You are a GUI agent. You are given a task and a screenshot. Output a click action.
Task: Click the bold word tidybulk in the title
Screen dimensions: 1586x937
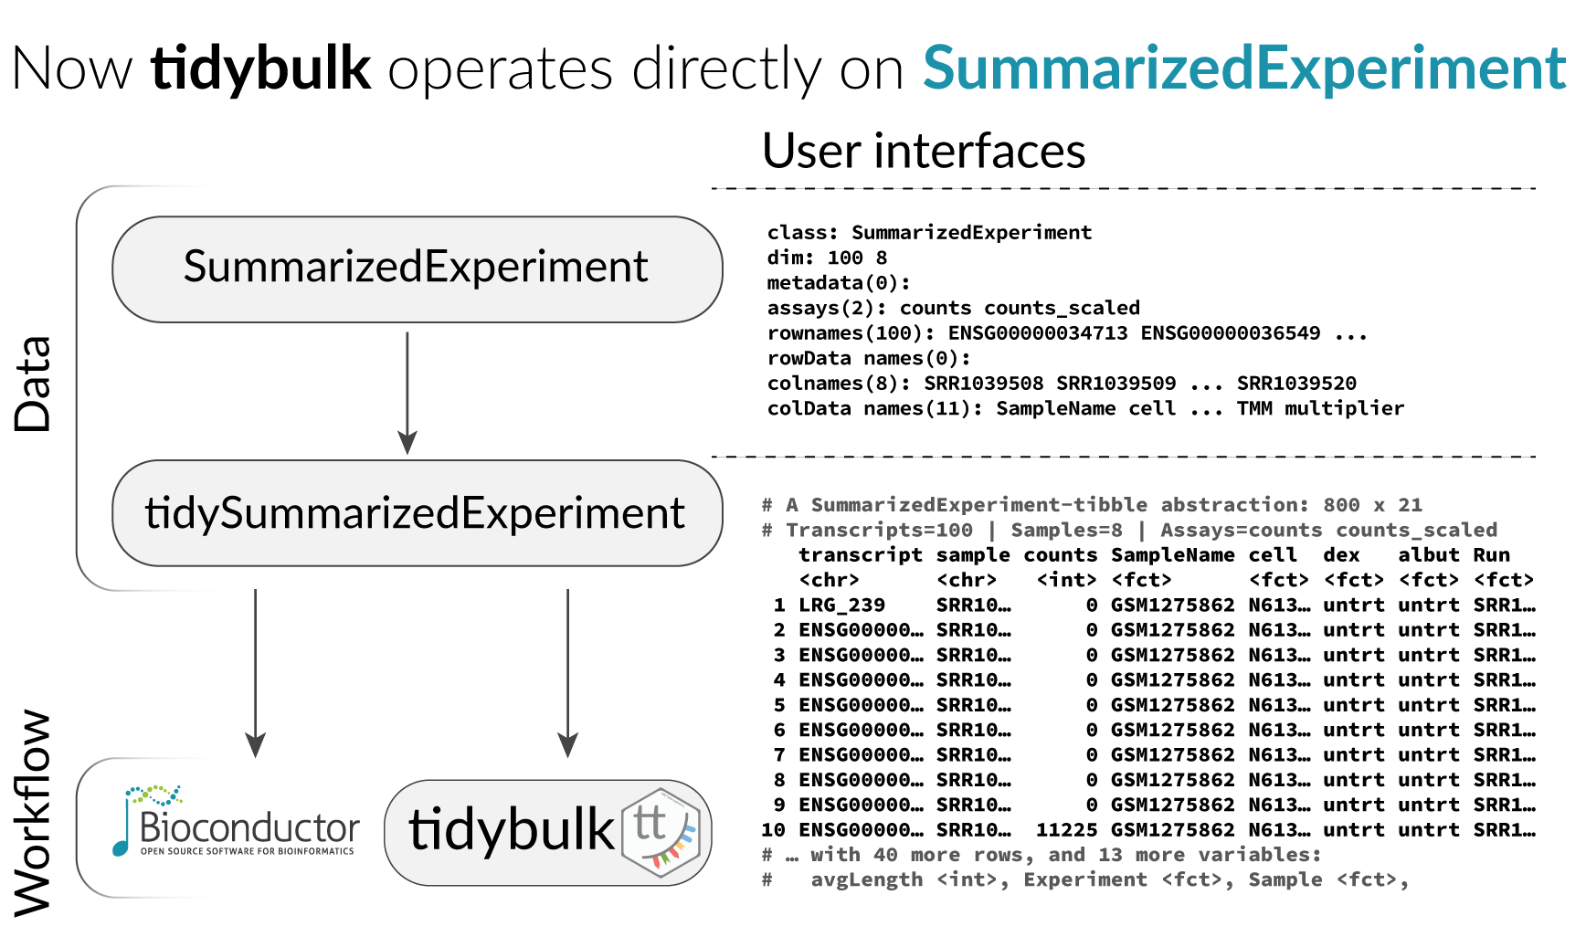(261, 68)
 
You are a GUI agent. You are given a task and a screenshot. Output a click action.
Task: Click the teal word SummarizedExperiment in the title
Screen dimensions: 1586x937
(1244, 68)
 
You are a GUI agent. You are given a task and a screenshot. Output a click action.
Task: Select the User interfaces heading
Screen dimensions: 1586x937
(924, 151)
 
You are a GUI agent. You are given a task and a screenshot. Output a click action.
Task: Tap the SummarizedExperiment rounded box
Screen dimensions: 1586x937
(417, 268)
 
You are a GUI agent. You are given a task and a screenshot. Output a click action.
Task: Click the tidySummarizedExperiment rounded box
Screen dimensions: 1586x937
(417, 512)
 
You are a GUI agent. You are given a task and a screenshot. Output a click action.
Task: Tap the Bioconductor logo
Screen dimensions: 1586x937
(236, 822)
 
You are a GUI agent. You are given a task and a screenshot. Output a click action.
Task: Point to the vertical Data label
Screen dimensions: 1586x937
(34, 384)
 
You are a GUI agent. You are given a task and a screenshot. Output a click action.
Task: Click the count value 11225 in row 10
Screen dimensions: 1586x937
(1066, 830)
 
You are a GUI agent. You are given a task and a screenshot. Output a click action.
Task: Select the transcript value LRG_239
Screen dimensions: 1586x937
(841, 605)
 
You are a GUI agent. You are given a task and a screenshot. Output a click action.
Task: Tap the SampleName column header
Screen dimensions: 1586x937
(1172, 555)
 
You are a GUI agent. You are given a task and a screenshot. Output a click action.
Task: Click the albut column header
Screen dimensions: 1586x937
(1428, 555)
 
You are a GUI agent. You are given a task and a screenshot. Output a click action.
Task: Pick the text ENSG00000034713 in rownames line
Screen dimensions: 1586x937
(1037, 333)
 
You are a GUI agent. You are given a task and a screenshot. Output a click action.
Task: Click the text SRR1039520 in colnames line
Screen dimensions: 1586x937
(1296, 384)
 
